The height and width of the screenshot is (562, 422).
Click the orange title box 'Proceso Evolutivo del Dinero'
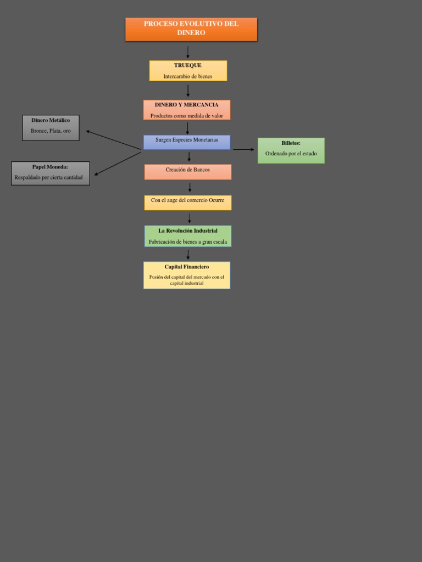coord(191,29)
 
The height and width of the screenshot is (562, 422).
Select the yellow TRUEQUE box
coord(188,71)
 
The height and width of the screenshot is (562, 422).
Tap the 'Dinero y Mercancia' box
coord(186,110)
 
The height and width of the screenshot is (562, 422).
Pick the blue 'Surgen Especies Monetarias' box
coord(186,142)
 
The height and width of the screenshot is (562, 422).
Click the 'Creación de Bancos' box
coord(187,172)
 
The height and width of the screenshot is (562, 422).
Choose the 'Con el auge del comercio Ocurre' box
coord(187,203)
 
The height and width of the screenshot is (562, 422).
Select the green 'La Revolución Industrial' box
coord(187,236)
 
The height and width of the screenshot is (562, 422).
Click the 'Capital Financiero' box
coord(186,275)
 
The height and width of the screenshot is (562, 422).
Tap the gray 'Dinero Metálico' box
coord(51,128)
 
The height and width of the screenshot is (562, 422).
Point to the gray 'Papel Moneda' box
coord(50,173)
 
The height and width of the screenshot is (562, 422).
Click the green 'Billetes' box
coord(291,150)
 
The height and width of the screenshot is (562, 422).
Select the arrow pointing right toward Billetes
coord(243,149)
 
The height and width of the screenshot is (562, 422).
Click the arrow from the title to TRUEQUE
coord(188,53)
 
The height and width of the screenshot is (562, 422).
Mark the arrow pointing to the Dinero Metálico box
coord(113,140)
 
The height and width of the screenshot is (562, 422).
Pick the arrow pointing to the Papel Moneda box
coord(118,164)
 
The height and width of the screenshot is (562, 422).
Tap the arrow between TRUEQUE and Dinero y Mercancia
coord(188,91)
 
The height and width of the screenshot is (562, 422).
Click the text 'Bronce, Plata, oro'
coord(51,131)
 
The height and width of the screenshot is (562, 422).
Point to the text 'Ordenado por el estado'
coord(291,154)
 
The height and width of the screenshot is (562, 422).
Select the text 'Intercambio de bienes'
coord(187,76)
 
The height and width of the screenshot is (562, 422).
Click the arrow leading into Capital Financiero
coord(188,254)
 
